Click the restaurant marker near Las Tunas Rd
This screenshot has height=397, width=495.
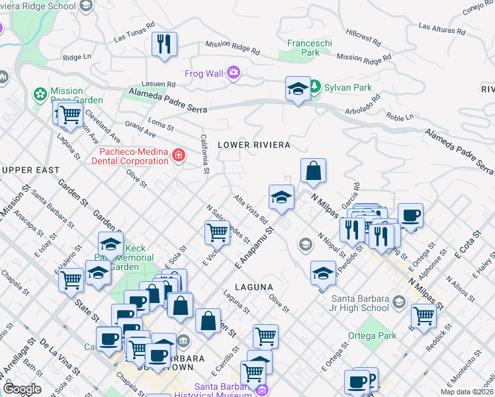tap(163, 44)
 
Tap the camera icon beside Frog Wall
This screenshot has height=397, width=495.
tap(233, 73)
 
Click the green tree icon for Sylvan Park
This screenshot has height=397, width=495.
tap(316, 87)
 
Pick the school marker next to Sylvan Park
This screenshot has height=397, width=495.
tap(298, 89)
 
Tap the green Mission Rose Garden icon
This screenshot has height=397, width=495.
tap(40, 95)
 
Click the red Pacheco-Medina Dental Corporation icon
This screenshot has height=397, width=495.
tap(178, 155)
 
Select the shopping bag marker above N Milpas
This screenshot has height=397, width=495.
tap(314, 171)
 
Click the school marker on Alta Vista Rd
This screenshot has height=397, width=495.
tap(281, 197)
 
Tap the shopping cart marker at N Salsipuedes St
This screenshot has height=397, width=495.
tap(217, 233)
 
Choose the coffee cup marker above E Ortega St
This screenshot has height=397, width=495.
tap(410, 215)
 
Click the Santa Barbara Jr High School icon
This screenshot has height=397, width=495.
tap(398, 302)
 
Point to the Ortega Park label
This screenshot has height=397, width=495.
tap(373, 335)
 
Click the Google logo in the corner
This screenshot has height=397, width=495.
tap(22, 388)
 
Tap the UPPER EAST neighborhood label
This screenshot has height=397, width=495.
tap(30, 170)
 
